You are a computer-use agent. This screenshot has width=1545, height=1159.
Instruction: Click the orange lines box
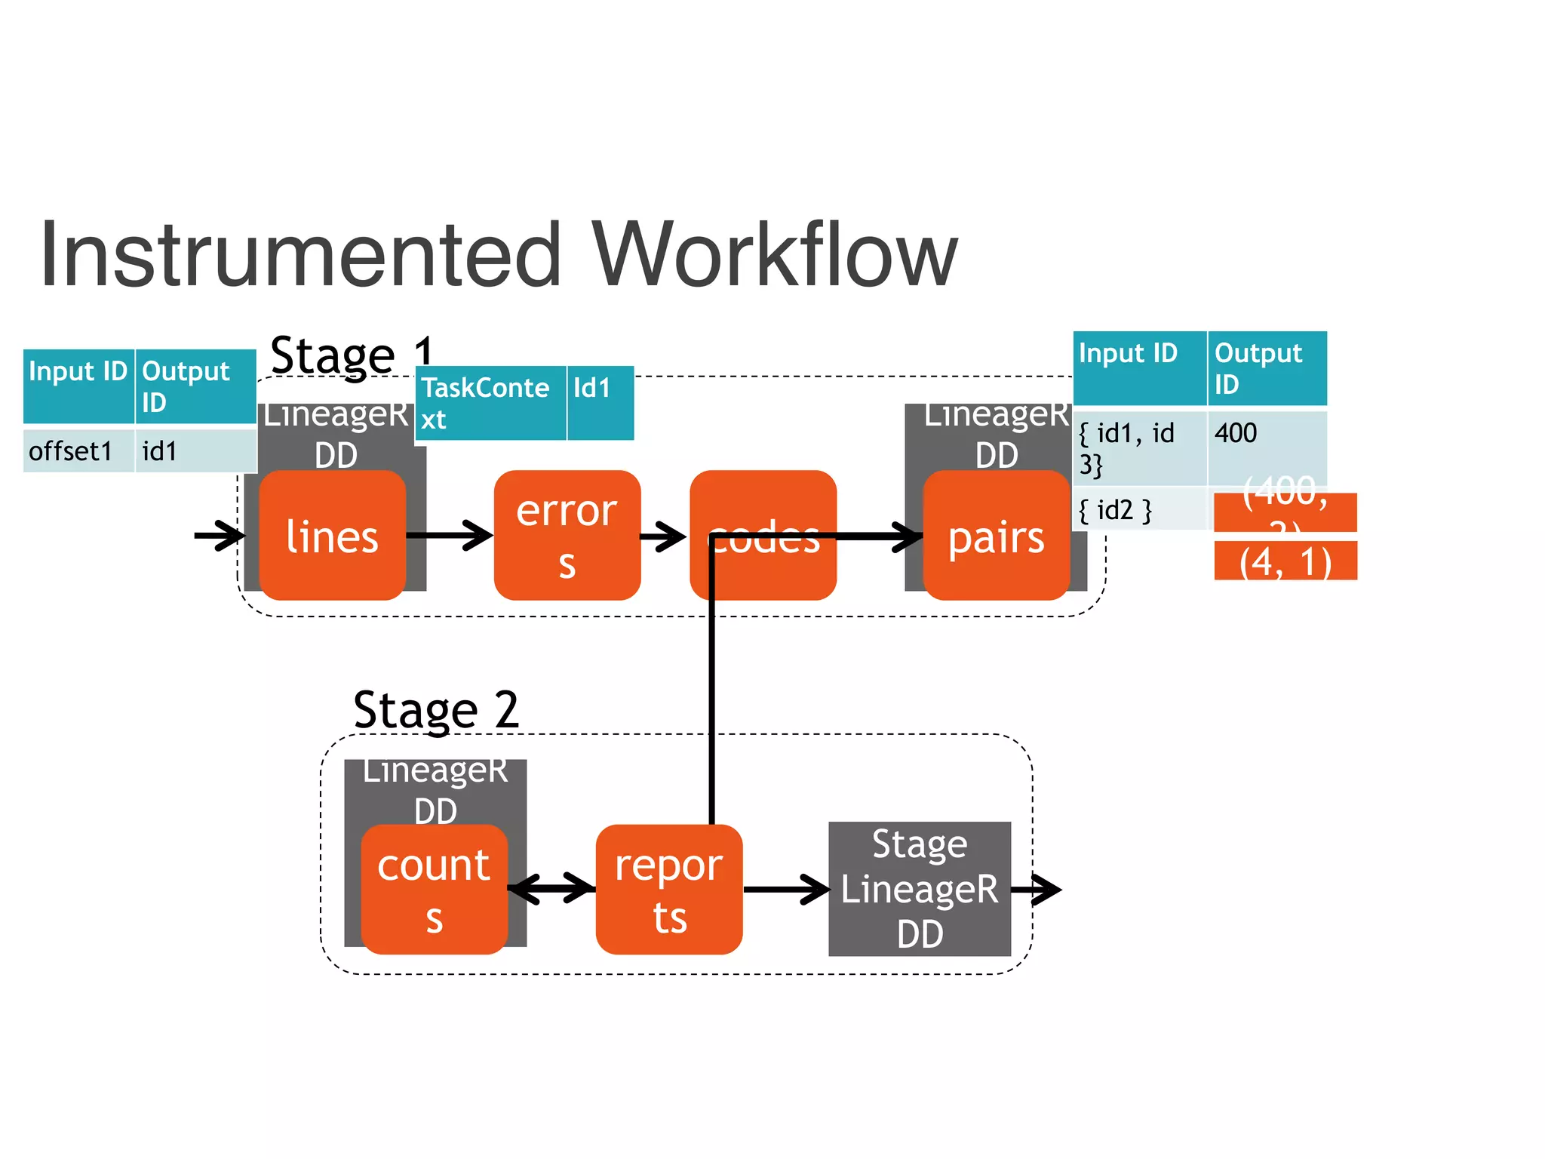point(332,536)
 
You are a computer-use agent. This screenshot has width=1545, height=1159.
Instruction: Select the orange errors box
point(567,536)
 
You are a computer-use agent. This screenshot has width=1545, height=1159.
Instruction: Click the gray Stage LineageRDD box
point(919,889)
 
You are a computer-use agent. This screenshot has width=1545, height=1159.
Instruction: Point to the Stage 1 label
point(352,355)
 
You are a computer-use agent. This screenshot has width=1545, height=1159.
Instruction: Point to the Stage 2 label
point(436,710)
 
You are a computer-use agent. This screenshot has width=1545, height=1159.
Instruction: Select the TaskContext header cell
point(490,403)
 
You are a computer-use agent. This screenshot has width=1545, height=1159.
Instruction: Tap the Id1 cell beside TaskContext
point(600,403)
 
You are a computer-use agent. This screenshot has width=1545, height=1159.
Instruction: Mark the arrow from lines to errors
point(450,536)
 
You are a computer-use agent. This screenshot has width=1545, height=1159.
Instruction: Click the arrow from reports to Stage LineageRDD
point(786,890)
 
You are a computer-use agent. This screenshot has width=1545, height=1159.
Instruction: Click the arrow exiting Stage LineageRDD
point(1037,890)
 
